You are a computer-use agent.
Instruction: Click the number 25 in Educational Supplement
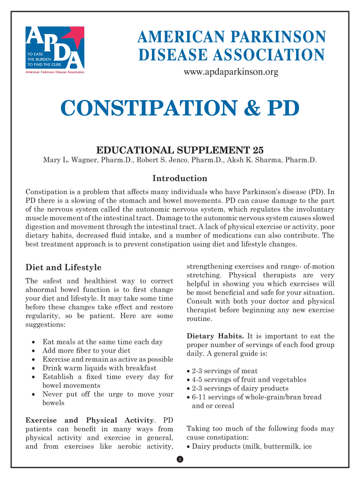tap(258, 150)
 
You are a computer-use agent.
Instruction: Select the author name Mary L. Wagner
tap(71, 160)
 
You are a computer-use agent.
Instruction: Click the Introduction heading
tap(180, 178)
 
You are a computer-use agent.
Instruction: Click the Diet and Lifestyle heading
tap(63, 268)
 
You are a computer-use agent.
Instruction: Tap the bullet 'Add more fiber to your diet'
tap(86, 350)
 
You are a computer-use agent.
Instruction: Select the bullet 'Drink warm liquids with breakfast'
tap(99, 368)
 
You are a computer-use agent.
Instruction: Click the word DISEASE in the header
tap(170, 56)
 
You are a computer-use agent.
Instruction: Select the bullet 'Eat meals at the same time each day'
tap(102, 342)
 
